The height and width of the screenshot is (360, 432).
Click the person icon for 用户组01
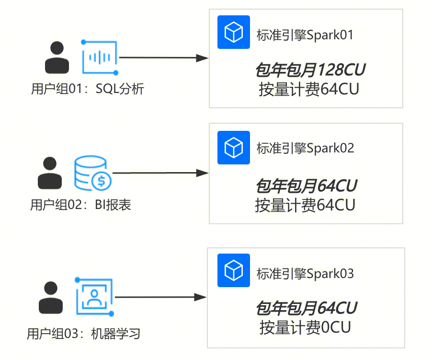tap(57, 58)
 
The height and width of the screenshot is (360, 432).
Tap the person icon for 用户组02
tap(50, 173)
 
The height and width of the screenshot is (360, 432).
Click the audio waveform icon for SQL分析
tap(100, 58)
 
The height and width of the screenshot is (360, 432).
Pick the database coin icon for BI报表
tap(92, 174)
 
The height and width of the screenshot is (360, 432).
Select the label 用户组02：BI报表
tap(80, 205)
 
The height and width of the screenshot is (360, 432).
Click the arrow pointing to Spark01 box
tap(163, 58)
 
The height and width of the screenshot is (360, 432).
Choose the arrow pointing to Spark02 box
tap(160, 173)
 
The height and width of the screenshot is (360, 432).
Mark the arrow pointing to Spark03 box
tap(161, 297)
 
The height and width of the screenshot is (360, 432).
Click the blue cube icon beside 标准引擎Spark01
tap(234, 32)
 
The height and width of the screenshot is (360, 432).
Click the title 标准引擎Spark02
tap(305, 148)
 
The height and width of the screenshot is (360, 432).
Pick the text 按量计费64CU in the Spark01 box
tap(308, 90)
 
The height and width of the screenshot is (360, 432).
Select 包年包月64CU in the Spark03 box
tap(306, 308)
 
